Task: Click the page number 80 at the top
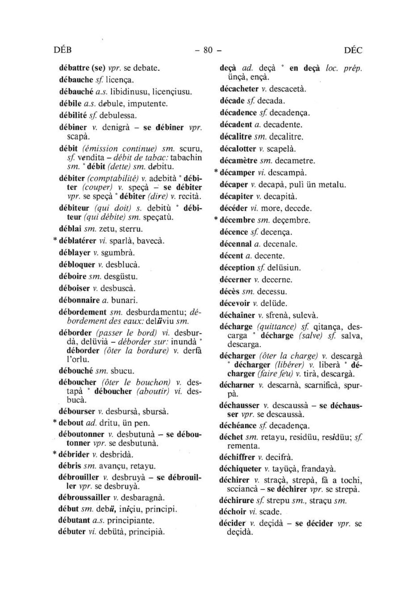coord(208,50)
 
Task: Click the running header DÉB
coord(63,50)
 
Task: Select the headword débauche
coord(76,80)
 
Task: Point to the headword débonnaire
coord(79,300)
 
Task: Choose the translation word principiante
coord(131,521)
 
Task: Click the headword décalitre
coord(236,137)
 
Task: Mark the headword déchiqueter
coord(240,469)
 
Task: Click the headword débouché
coord(76,371)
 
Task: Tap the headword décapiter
coord(236,197)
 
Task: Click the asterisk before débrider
coord(55,454)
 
